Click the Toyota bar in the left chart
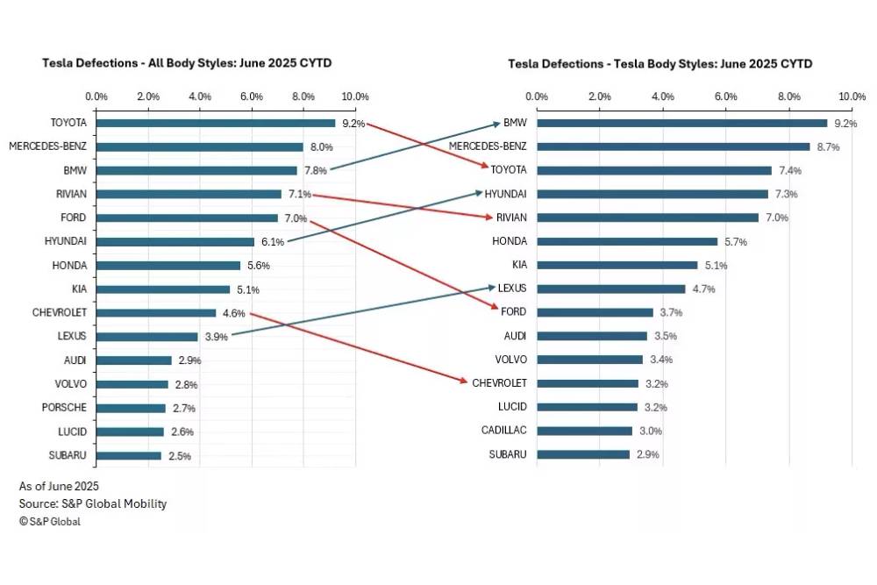coord(215,123)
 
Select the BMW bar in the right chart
coord(681,123)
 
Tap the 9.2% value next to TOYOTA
coord(353,124)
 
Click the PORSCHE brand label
coord(64,407)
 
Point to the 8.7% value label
coord(827,147)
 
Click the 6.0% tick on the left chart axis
coord(252,96)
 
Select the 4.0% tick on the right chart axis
coord(662,96)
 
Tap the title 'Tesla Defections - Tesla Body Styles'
coord(660,63)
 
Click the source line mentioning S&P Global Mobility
coord(93,503)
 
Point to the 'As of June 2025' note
coord(59,486)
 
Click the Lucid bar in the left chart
coord(130,431)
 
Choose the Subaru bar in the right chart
coord(583,454)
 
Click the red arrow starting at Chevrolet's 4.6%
coord(360,346)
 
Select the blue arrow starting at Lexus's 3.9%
coord(360,310)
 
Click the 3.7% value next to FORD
coord(671,312)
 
